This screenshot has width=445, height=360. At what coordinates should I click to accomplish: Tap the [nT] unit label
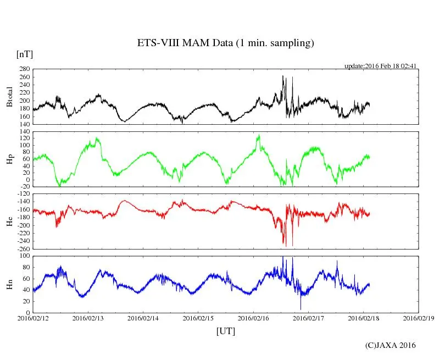click(x=24, y=54)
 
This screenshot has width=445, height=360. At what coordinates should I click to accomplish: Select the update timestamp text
click(x=381, y=66)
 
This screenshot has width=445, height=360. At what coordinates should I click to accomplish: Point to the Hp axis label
click(x=9, y=159)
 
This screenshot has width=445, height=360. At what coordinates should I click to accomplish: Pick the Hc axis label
click(x=9, y=221)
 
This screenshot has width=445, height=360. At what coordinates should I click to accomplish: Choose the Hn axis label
click(x=9, y=284)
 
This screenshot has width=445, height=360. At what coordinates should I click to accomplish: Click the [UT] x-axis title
click(x=226, y=331)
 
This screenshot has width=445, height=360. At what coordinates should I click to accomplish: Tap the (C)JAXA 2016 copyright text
click(x=390, y=345)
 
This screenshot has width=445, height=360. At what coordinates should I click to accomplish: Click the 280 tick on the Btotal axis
click(x=24, y=69)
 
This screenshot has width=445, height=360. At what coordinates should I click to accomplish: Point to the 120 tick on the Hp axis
click(x=24, y=139)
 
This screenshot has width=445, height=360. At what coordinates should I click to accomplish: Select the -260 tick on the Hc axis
click(x=23, y=248)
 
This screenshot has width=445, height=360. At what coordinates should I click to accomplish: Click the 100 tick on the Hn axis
click(x=24, y=256)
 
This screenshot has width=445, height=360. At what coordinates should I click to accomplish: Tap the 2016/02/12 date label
click(x=33, y=318)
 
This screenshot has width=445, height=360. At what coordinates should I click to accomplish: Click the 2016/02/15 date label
click(x=198, y=318)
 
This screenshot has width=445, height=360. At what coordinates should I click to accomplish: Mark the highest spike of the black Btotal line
click(x=282, y=76)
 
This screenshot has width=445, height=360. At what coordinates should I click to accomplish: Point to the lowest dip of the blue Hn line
click(x=301, y=309)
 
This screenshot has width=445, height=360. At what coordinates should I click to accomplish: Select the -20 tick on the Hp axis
click(x=24, y=187)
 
